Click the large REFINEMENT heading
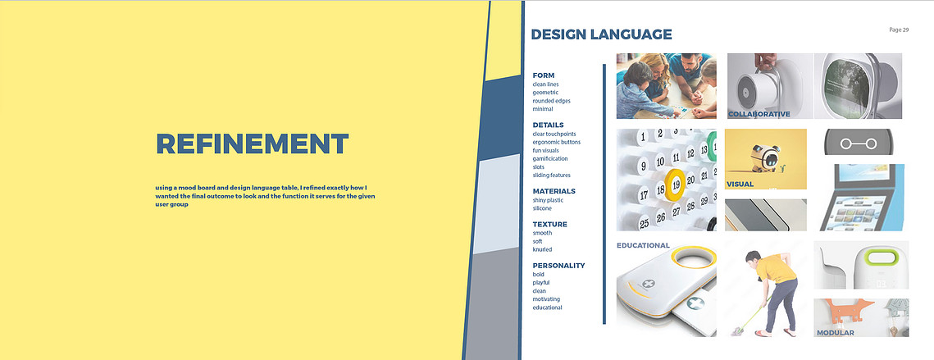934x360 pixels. (252, 144)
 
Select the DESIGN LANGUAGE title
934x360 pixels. (601, 34)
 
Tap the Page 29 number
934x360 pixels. (898, 30)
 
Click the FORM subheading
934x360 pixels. (543, 75)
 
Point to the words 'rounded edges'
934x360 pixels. (552, 101)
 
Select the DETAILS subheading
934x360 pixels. (548, 125)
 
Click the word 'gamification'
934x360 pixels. (550, 158)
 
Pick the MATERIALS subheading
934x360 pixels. (554, 191)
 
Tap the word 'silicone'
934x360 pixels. (542, 208)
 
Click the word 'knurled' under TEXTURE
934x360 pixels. (542, 250)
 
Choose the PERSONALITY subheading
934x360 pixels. (558, 266)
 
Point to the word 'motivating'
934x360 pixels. (546, 299)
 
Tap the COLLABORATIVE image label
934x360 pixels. (759, 114)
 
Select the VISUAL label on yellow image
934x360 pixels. (740, 185)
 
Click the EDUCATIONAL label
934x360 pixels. (644, 245)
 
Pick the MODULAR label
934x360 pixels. (835, 333)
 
